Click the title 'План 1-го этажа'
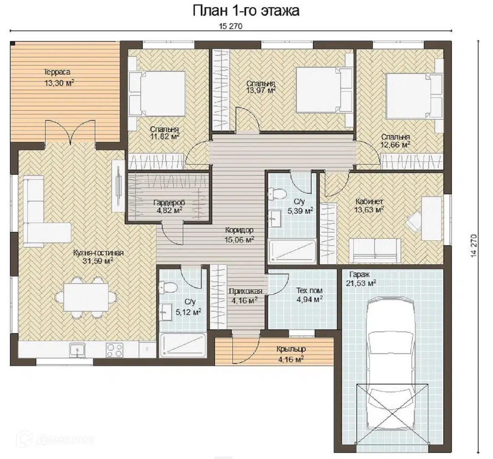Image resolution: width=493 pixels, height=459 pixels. tap(246, 11)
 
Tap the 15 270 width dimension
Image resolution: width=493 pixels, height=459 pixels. tap(231, 26)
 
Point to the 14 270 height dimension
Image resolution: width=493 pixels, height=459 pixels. tap(474, 246)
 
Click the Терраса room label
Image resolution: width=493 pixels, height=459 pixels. tap(57, 72)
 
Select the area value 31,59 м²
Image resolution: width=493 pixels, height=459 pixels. tap(98, 261)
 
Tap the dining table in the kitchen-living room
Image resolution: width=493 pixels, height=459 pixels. tap(86, 297)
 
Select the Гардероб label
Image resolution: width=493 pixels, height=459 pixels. tap(169, 203)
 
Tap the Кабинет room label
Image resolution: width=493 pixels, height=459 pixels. tap(369, 201)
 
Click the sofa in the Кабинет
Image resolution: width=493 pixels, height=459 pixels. tap(375, 251)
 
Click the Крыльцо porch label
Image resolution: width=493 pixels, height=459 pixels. tap(291, 349)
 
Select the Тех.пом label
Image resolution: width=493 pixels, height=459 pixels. tap(309, 291)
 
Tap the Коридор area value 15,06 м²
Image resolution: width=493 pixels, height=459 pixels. tap(239, 240)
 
